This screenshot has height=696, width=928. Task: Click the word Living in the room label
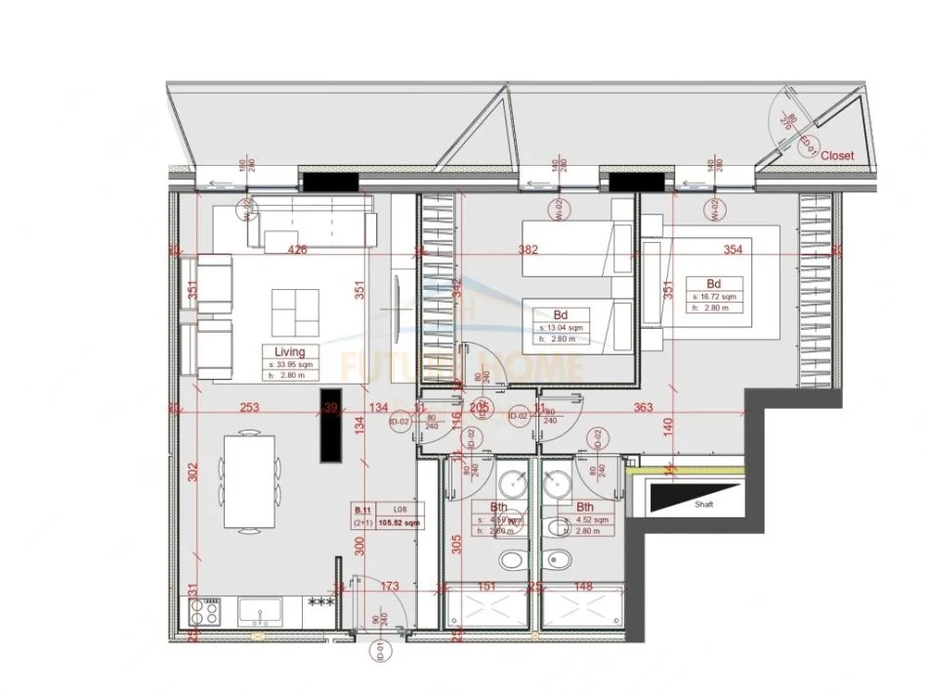tap(290, 351)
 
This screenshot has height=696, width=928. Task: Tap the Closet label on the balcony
tap(837, 155)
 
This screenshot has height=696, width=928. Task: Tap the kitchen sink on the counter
tap(260, 613)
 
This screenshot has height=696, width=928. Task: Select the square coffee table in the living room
tap(296, 313)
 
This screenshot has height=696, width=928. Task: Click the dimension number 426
tap(298, 250)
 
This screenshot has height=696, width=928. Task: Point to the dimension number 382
tap(528, 250)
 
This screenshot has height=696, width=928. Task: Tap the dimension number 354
tap(732, 250)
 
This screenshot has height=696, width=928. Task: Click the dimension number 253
tap(249, 408)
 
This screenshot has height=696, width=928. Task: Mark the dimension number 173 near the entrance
tap(390, 587)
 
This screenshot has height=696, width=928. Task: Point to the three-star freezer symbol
tap(318, 602)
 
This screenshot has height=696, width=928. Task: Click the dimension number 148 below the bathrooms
tap(583, 587)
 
